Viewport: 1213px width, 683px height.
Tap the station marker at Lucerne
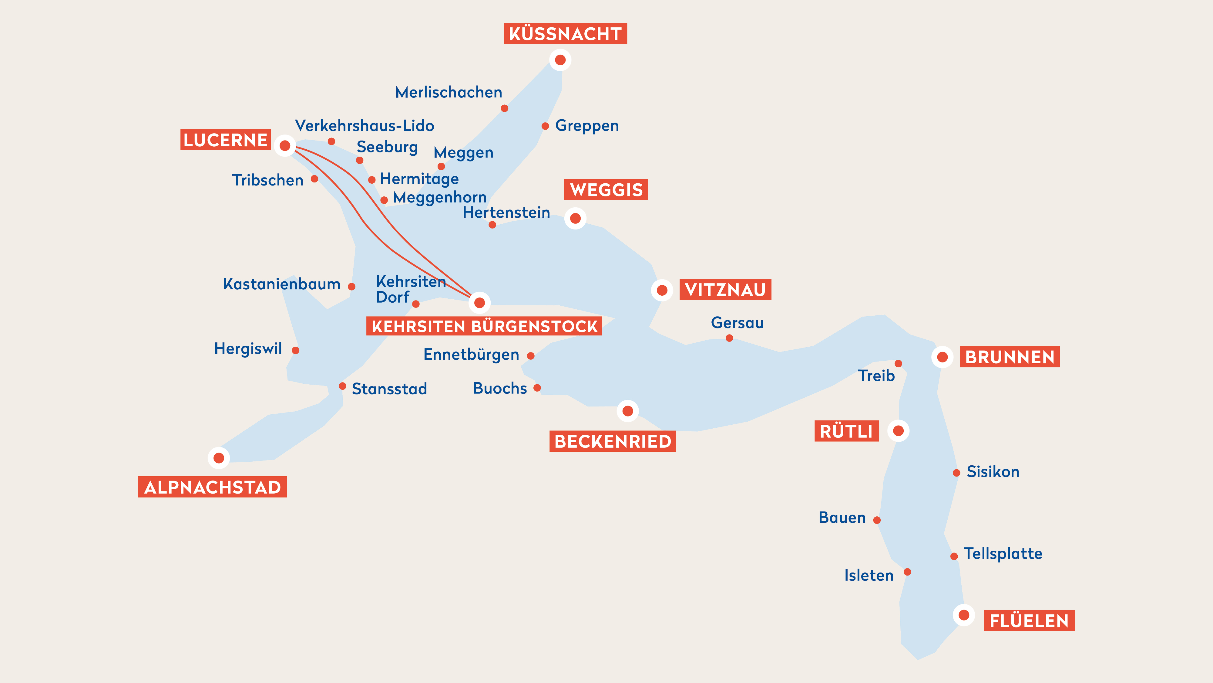285,146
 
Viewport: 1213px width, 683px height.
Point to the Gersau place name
737,323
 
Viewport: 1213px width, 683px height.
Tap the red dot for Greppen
545,126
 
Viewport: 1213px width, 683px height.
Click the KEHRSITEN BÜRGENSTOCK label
484,326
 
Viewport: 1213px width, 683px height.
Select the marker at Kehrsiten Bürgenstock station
479,303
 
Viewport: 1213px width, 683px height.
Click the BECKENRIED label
613,441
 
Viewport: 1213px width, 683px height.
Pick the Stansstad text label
389,389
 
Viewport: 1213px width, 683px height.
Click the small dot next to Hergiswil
296,350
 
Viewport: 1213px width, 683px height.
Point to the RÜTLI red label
846,431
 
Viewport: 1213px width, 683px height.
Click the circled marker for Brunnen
942,357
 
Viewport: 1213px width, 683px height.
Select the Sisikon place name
993,472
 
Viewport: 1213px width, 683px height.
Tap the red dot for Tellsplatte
954,556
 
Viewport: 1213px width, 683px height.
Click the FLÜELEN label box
1029,621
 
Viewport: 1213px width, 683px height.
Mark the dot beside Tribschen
314,179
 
